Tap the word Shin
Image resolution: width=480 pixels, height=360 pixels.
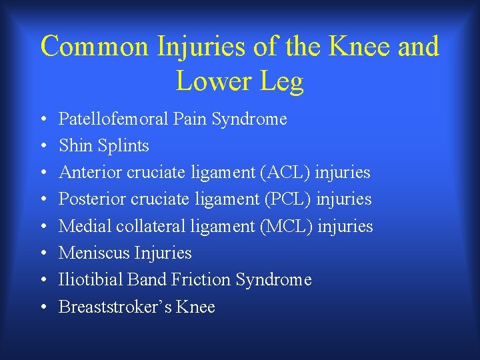tap(75, 146)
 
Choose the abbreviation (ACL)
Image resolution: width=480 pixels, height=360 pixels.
tap(288, 173)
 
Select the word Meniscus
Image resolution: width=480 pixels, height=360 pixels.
tap(94, 253)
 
